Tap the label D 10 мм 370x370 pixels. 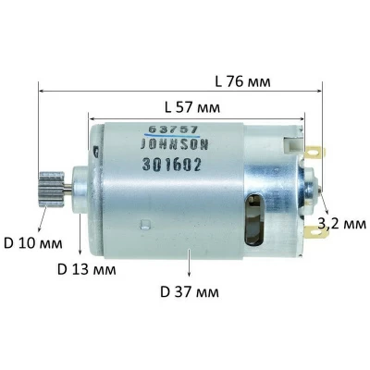[31, 244]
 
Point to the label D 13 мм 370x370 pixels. [86, 270]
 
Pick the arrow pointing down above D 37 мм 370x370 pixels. [190, 273]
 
